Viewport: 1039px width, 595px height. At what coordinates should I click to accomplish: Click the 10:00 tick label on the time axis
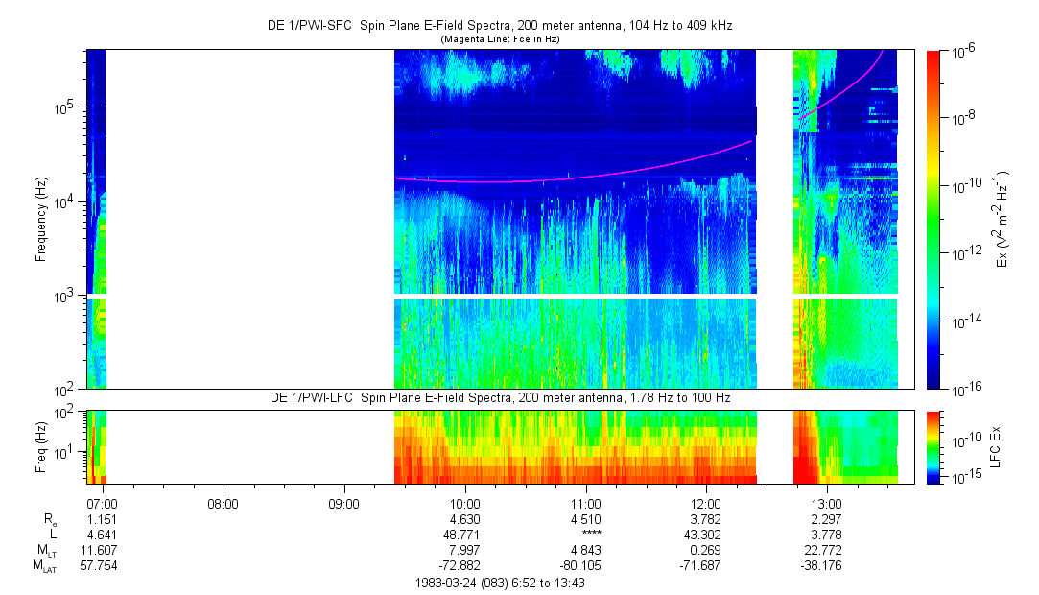pos(465,503)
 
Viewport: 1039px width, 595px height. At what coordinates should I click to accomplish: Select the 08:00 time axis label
pos(223,503)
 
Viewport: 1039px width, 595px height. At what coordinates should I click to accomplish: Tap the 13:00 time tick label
pos(827,503)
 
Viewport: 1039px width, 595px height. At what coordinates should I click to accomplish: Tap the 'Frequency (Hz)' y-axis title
pos(41,219)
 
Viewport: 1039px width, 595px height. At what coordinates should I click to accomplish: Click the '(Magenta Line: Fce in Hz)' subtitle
pos(500,38)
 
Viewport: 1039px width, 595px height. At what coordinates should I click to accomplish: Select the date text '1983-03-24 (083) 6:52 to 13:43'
pos(500,583)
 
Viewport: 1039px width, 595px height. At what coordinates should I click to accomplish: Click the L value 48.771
pos(465,534)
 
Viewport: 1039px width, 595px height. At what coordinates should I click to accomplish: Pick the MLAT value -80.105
pos(586,564)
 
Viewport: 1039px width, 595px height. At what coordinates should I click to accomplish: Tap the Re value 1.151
pos(102,518)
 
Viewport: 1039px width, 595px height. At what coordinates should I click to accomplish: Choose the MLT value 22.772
pos(827,549)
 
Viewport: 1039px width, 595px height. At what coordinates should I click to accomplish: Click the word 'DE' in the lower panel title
pos(280,397)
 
